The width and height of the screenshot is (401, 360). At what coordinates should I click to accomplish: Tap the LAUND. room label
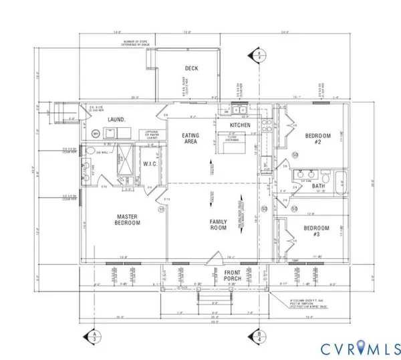(x=118, y=120)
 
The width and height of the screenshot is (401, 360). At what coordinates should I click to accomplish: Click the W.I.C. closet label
(x=148, y=164)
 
